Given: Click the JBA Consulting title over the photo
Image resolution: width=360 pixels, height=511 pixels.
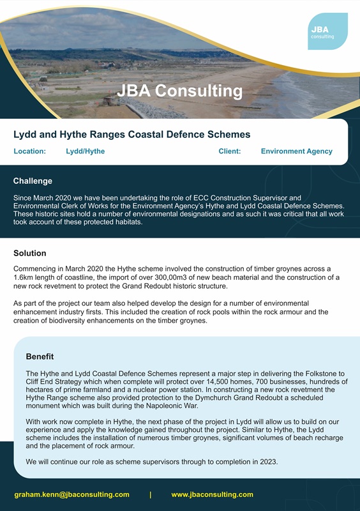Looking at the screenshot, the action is point(179,91).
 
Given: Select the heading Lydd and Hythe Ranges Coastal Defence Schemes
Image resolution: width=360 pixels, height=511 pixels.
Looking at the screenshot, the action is point(131,134).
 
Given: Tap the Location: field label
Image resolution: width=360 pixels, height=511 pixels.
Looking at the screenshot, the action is point(29,151).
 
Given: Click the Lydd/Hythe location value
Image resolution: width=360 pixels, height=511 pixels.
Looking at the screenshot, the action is point(85,151).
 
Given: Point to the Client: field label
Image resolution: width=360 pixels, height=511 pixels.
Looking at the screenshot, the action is point(230,151).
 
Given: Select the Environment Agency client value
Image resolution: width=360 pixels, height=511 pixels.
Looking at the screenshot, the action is point(296,151).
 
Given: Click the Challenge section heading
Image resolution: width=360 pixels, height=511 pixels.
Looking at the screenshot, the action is point(33,181).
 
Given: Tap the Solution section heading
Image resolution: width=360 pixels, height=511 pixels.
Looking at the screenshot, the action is point(30,254).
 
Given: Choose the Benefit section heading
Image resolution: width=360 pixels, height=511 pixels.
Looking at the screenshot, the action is point(40,356).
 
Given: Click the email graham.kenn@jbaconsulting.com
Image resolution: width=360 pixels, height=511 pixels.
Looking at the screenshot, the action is point(71,494).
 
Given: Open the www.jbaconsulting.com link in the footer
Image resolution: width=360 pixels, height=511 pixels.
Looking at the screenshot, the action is point(212,494).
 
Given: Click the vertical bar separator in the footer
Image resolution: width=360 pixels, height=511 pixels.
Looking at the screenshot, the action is point(150,494).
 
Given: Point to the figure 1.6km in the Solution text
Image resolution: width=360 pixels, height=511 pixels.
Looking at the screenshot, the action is point(25,278).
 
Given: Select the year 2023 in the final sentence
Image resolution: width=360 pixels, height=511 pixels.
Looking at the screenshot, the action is point(267,461).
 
